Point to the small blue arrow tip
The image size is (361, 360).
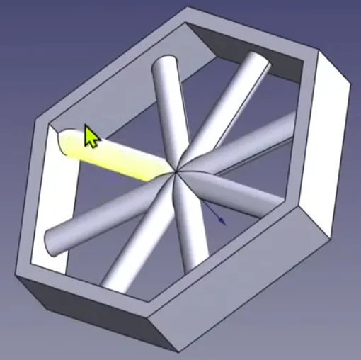tap(224, 223)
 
